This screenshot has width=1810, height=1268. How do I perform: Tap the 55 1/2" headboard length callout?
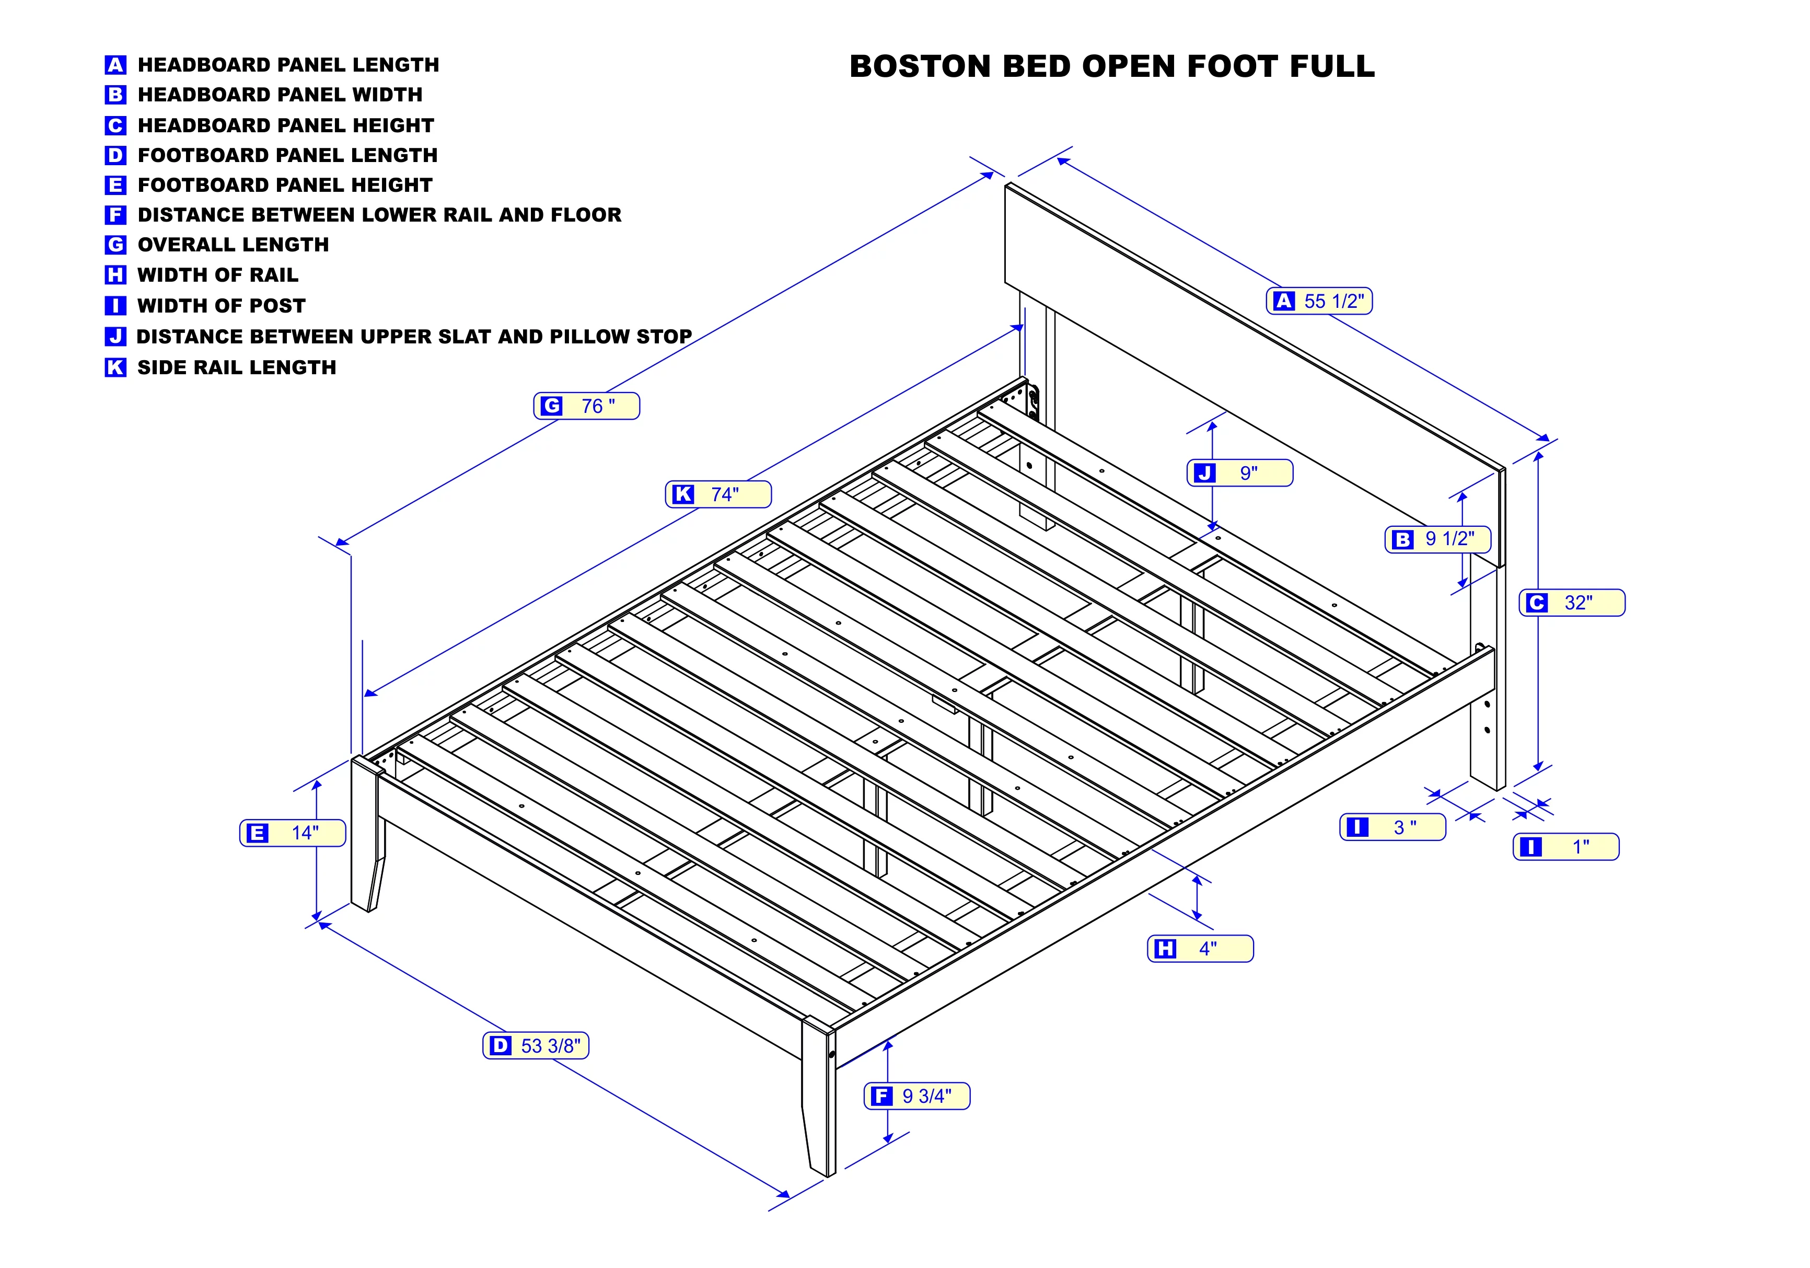pos(1319,301)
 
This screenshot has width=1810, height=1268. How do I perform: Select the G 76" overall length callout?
pos(586,406)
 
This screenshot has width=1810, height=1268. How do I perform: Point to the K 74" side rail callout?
pos(718,494)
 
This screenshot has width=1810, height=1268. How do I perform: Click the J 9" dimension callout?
pos(1240,473)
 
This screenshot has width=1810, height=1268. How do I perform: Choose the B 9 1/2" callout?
pos(1438,539)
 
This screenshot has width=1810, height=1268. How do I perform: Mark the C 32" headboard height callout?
pos(1572,603)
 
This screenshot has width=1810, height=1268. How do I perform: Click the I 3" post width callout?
pos(1393,827)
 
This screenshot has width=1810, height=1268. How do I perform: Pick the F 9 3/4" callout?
pos(917,1096)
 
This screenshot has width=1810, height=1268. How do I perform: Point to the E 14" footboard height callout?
pos(293,833)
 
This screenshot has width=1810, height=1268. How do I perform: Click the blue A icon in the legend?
pos(115,65)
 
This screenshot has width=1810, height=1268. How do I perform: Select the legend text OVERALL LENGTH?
pos(234,245)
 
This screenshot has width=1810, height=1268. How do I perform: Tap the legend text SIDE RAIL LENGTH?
pos(237,367)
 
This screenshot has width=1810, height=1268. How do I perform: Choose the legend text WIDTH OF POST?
pos(222,306)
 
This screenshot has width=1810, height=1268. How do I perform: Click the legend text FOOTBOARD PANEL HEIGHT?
pos(285,186)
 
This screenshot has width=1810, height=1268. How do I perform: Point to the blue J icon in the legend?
pos(115,337)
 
